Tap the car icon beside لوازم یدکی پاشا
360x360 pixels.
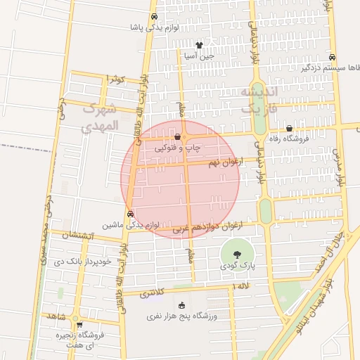[x=154, y=17]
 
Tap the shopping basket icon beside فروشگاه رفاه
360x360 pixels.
[x=290, y=128]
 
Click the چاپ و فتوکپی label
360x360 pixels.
[x=181, y=148]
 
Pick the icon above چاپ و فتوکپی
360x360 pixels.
[x=178, y=137]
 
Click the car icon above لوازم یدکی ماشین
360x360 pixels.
[x=130, y=214]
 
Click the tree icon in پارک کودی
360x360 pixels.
[x=236, y=255]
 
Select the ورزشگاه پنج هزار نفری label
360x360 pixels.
[x=183, y=316]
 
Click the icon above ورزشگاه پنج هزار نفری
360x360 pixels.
[x=182, y=305]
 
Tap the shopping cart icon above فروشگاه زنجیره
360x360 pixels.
[x=79, y=325]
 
